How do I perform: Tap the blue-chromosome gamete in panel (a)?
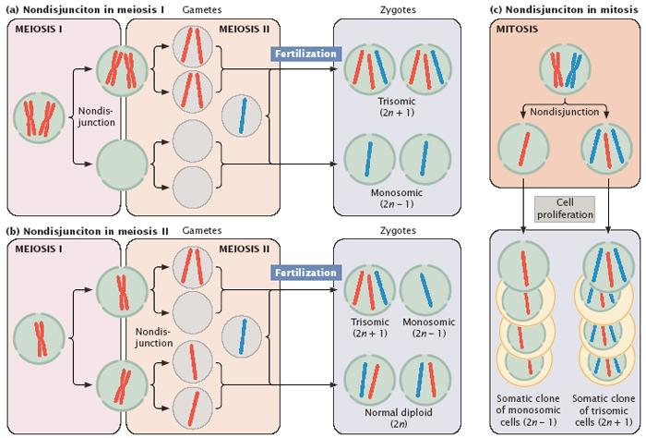click(242, 116)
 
